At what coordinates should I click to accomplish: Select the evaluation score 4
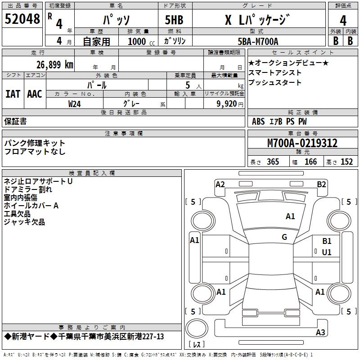click(343, 20)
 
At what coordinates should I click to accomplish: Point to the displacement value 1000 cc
click(137, 41)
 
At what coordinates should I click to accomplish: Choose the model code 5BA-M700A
click(258, 41)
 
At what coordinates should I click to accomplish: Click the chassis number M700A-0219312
click(302, 143)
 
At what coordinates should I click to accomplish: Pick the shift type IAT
click(13, 94)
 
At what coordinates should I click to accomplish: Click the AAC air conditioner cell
click(35, 94)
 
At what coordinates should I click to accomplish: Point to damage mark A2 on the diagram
click(220, 184)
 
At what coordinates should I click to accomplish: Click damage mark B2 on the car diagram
click(321, 184)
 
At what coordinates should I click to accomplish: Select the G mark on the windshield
click(284, 237)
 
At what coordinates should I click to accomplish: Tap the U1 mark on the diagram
click(327, 252)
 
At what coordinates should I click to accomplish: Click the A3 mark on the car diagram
click(320, 333)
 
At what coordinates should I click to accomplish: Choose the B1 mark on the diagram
click(327, 242)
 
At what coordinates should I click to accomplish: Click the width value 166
click(310, 162)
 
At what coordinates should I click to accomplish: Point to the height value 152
click(346, 162)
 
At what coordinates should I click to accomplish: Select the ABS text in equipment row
click(258, 121)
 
